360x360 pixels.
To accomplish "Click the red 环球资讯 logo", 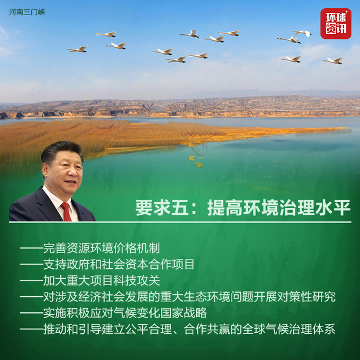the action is pyautogui.click(x=336, y=23).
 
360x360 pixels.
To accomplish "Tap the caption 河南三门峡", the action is pyautogui.click(x=27, y=12).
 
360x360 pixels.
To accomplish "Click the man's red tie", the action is pyautogui.click(x=66, y=212).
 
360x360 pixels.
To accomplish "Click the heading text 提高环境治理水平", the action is pyautogui.click(x=279, y=207).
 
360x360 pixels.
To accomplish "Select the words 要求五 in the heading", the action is pyautogui.click(x=162, y=207).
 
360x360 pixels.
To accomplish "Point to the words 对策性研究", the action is pyautogui.click(x=306, y=297).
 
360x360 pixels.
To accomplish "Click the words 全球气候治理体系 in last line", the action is pyautogui.click(x=289, y=329).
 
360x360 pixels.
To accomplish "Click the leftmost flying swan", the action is pyautogui.click(x=78, y=49).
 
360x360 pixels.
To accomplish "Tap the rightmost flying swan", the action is pyautogui.click(x=333, y=60).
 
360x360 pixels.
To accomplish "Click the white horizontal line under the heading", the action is pyautogui.click(x=180, y=222).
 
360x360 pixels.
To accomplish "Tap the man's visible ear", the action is pyautogui.click(x=45, y=170).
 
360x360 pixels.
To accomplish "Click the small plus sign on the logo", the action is pyautogui.click(x=347, y=12).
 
